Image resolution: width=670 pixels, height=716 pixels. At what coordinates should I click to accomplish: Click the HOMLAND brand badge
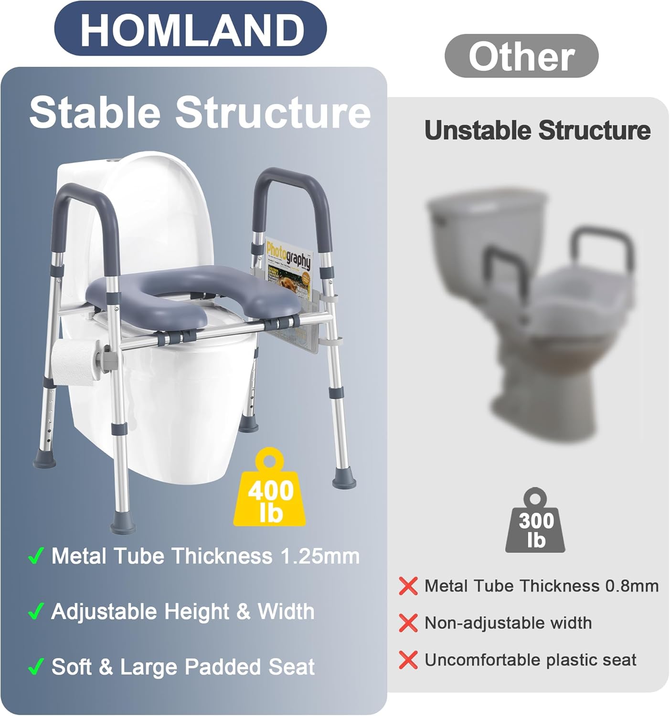191,30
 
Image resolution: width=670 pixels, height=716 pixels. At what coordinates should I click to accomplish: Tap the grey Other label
521,56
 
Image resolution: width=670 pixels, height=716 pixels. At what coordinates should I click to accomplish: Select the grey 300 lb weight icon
536,524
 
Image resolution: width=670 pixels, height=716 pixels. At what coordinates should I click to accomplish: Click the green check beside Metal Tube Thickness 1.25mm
36,556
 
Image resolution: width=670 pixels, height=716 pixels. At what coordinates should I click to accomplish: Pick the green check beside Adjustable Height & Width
36,611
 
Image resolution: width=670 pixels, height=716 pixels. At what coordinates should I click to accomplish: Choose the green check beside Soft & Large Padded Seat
36,667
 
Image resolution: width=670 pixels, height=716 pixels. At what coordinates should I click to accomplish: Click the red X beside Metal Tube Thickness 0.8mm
408,586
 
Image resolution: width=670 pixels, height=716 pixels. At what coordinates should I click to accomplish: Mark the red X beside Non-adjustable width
408,623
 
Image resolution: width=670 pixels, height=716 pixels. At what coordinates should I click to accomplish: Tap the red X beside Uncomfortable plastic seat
408,660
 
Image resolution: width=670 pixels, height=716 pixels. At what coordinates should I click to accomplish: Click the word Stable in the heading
95,113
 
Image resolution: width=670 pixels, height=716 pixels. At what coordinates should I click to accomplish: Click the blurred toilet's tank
487,215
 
